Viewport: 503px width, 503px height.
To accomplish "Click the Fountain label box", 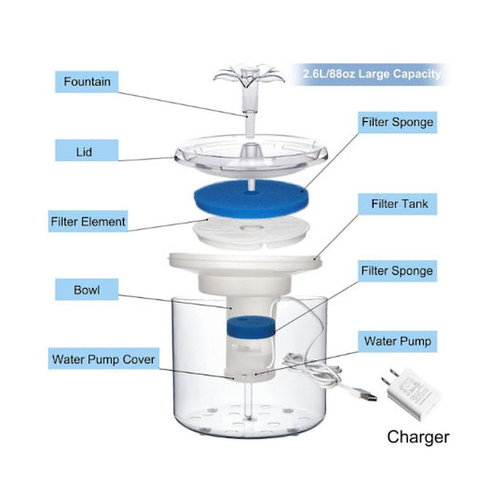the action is [x=87, y=82].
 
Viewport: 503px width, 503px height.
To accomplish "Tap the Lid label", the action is [x=87, y=150].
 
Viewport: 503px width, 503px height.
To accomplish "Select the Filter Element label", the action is [x=88, y=222].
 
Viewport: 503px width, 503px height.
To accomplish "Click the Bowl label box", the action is [x=87, y=290].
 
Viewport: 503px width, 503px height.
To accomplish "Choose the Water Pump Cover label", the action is [x=103, y=359].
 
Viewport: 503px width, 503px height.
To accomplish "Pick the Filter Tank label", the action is [x=398, y=204].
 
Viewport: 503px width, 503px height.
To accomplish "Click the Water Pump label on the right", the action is [x=398, y=342].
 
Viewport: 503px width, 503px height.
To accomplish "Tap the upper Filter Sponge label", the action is [x=398, y=122].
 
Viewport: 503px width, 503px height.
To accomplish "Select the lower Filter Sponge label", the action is [x=398, y=271].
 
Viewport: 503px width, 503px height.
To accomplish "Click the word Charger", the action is [x=418, y=437].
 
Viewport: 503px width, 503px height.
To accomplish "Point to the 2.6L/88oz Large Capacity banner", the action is [x=372, y=75].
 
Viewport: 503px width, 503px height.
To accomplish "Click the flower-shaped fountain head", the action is [x=249, y=76].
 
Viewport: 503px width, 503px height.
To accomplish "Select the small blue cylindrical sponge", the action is [x=251, y=327].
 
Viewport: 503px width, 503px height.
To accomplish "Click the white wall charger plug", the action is [x=411, y=393].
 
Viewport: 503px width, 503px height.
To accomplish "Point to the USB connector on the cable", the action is [x=367, y=395].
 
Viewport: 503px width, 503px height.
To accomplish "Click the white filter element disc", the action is [x=251, y=232].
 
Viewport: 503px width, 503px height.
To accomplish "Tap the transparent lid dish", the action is [x=251, y=156].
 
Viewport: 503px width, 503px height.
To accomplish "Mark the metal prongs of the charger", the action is [x=389, y=377].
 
